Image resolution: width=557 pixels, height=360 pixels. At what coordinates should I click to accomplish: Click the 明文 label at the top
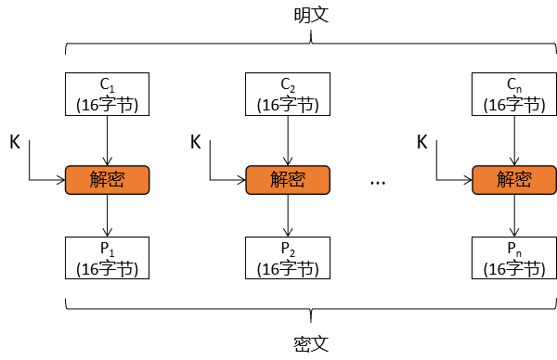312,17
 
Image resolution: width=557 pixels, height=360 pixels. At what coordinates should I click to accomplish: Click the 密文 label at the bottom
312,344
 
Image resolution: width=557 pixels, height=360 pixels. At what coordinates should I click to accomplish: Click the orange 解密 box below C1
107,178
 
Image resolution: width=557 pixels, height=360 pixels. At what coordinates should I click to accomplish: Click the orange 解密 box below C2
287,178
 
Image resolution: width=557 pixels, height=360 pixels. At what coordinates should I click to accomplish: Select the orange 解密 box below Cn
514,178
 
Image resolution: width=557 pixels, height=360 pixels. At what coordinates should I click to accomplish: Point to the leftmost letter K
15,142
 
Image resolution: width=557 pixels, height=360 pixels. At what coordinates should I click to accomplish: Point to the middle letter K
195,142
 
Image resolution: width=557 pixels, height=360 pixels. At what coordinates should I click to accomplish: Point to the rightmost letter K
422,142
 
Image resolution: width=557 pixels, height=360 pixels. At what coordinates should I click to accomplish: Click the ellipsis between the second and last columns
377,183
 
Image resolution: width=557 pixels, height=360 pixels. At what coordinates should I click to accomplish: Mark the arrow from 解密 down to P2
288,214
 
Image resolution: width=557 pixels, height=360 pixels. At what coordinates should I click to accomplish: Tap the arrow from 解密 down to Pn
515,214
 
